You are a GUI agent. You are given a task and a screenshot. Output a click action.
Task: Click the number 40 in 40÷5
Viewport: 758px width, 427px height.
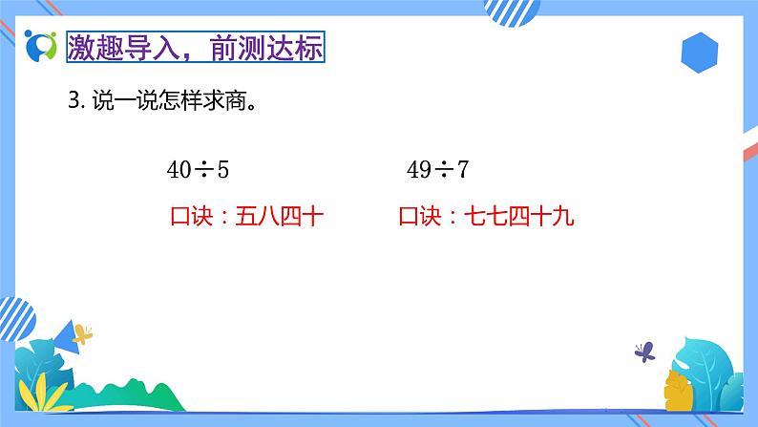(179, 171)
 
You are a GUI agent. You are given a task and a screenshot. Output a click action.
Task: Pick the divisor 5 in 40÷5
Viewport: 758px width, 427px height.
(223, 171)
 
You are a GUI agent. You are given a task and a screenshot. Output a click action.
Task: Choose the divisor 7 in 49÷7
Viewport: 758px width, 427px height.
(463, 171)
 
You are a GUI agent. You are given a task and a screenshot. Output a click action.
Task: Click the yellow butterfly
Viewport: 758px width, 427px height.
(83, 334)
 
